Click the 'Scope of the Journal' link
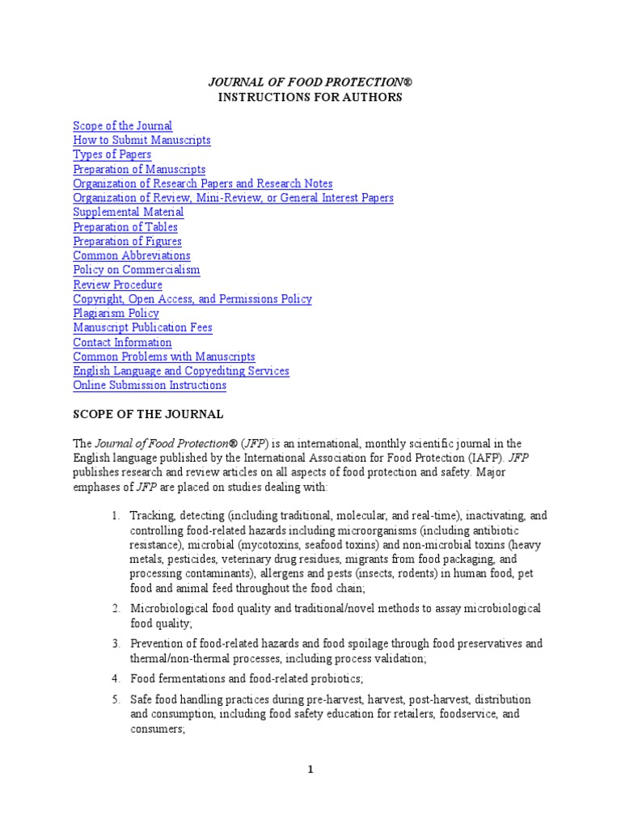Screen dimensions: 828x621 122,126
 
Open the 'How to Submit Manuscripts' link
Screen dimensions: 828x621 142,141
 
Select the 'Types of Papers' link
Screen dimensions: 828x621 112,154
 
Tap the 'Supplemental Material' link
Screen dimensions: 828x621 128,213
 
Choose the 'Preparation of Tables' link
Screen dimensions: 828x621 125,227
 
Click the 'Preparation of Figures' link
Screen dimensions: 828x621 127,242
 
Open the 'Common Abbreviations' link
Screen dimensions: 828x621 132,256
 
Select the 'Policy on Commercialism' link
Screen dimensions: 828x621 136,270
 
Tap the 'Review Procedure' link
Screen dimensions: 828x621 117,285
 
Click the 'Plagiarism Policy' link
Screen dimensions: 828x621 116,314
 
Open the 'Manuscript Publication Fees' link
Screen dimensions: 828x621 142,327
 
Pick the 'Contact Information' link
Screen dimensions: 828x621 122,342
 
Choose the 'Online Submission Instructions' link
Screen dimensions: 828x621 150,386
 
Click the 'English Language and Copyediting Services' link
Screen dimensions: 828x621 181,371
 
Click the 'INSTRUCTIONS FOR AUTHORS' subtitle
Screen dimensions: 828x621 310,98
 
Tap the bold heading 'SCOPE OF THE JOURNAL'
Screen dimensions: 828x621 148,415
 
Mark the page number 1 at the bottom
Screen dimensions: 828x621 310,770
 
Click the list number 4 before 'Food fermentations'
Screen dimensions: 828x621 116,678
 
